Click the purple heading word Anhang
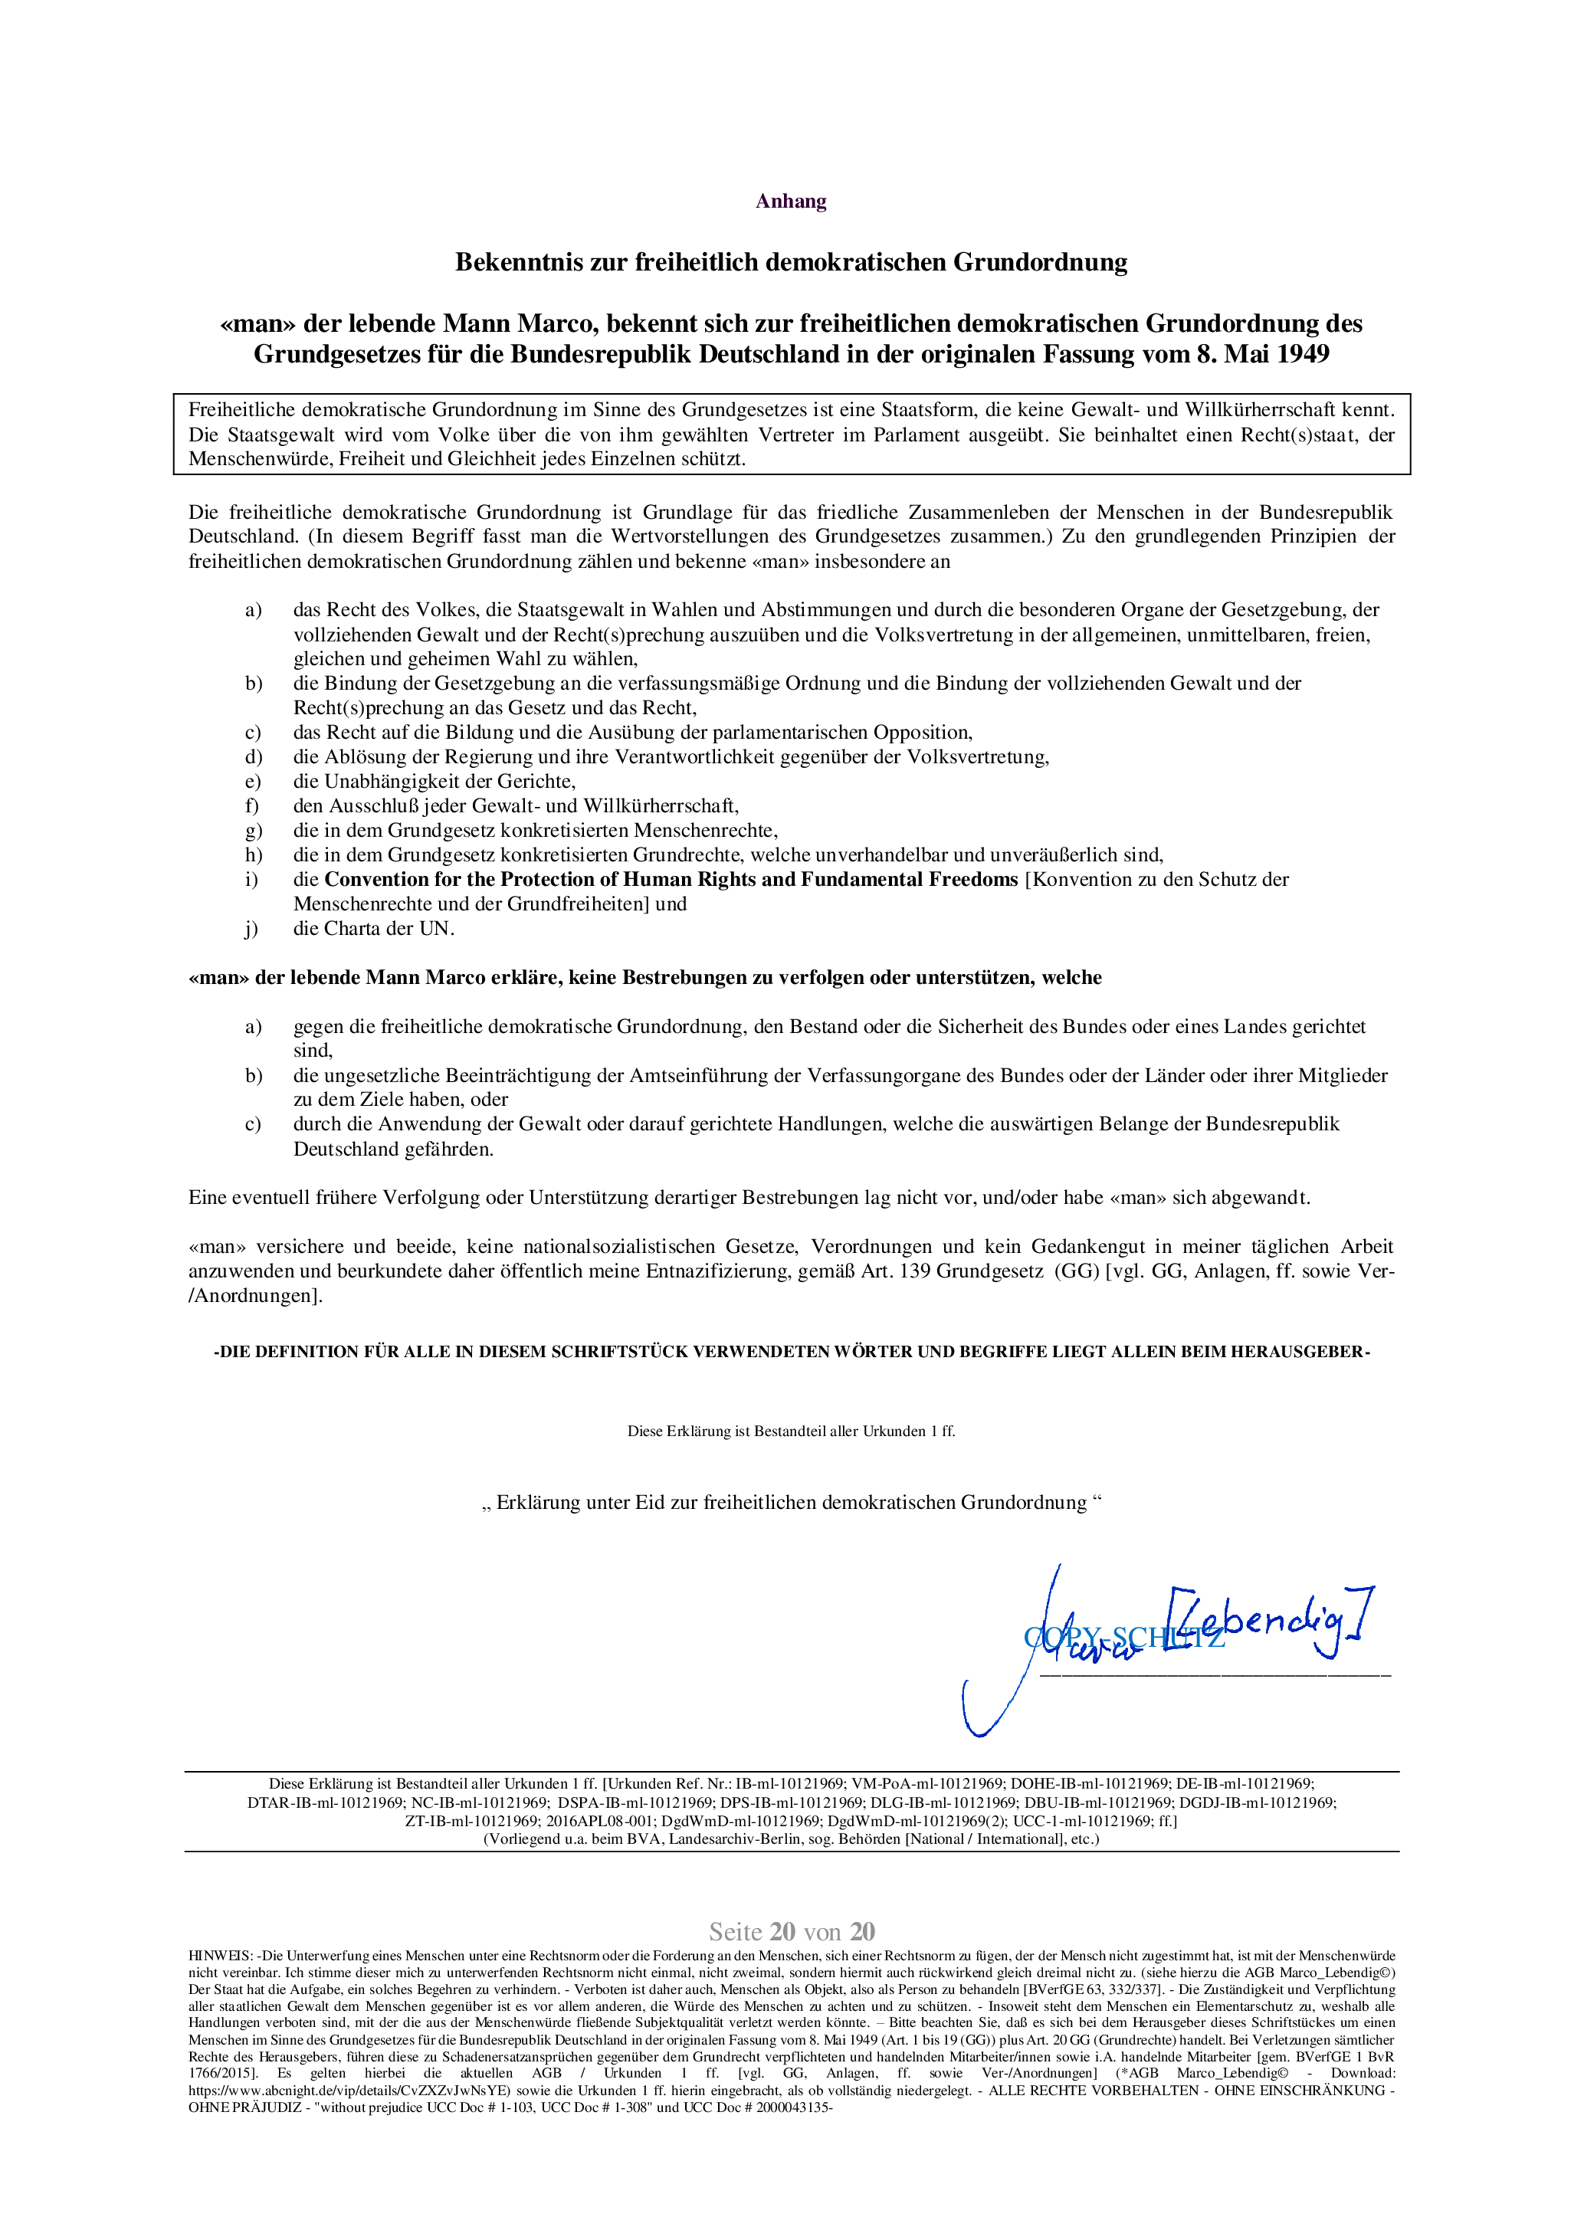[x=791, y=202]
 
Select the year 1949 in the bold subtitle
[x=1302, y=354]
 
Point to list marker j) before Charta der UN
[x=251, y=929]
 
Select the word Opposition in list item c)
[x=922, y=733]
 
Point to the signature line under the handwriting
[x=1215, y=1675]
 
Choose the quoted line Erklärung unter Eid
[x=791, y=1503]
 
